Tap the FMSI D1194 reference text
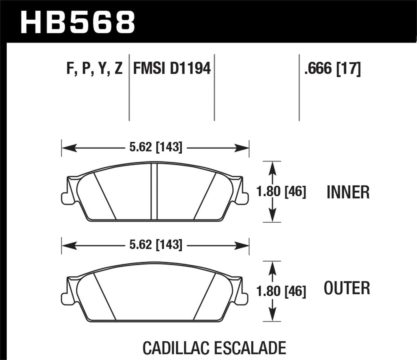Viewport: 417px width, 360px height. tap(172, 69)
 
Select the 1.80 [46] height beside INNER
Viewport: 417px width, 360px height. tap(281, 192)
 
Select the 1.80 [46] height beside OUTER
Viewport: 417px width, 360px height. tap(281, 291)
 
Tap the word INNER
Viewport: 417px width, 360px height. tap(348, 192)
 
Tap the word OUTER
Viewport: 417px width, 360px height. tap(347, 288)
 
